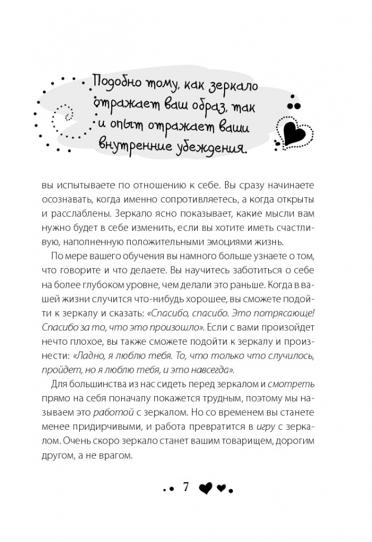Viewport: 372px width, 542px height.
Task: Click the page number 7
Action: tap(186, 487)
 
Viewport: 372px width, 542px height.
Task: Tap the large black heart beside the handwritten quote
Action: tap(293, 131)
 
